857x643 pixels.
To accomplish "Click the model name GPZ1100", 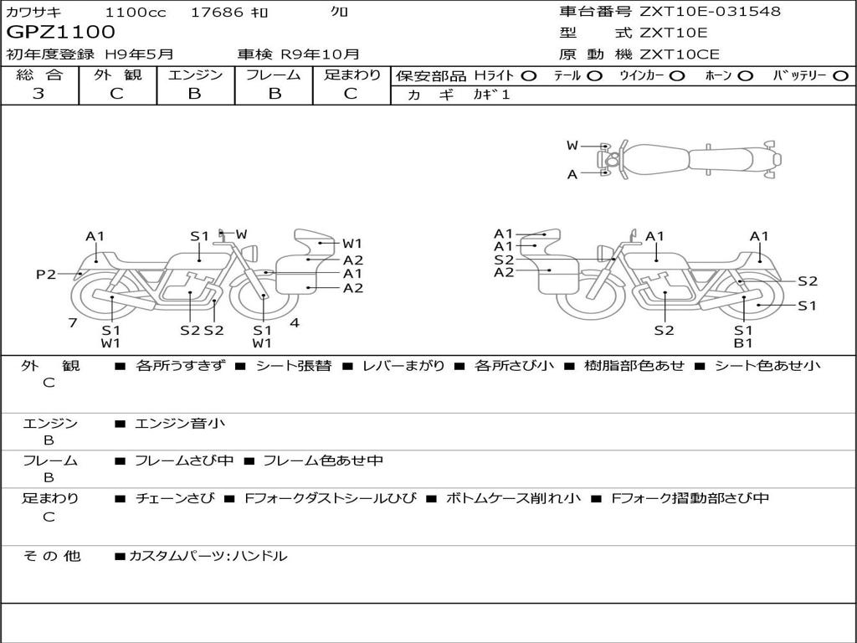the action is coord(60,33).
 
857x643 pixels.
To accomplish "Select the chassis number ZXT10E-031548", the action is coord(709,11).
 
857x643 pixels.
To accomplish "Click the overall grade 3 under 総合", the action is coord(38,94).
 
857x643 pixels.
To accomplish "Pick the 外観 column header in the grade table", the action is coord(117,75).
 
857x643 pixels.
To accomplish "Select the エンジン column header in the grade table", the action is coord(195,75).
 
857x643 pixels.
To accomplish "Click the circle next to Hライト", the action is coord(529,76).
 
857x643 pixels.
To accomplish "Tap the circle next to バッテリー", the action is coord(840,76).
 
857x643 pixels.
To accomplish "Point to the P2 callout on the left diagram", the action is coord(46,274).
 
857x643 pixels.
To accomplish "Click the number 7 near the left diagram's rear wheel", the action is coord(73,322).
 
